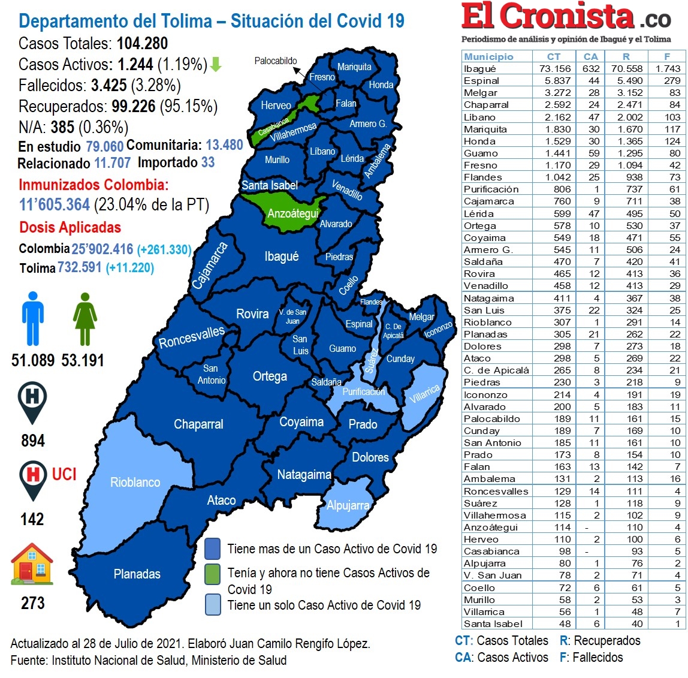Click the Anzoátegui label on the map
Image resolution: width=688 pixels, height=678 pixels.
(292, 214)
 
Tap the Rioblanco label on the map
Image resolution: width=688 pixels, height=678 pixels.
(135, 483)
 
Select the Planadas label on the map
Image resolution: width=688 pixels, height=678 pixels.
(137, 574)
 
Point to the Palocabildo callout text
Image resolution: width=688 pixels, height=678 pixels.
(276, 61)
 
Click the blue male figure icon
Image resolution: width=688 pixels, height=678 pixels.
(33, 318)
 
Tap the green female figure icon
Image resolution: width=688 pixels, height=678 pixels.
(85, 318)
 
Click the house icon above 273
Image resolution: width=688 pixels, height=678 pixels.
(32, 564)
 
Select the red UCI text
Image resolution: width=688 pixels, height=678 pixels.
(64, 475)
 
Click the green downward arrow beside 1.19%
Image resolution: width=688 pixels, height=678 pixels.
(216, 65)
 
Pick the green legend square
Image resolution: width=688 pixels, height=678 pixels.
(212, 573)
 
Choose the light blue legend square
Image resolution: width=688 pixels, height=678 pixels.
(212, 604)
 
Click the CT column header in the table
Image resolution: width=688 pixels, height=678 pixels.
(554, 56)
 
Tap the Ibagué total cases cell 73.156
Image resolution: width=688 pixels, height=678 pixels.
(555, 68)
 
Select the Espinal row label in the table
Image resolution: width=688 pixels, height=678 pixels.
(481, 81)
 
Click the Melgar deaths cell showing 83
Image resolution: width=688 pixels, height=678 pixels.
(675, 93)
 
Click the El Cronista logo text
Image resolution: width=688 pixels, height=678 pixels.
(547, 17)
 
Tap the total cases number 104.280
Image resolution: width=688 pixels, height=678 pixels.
(142, 44)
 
